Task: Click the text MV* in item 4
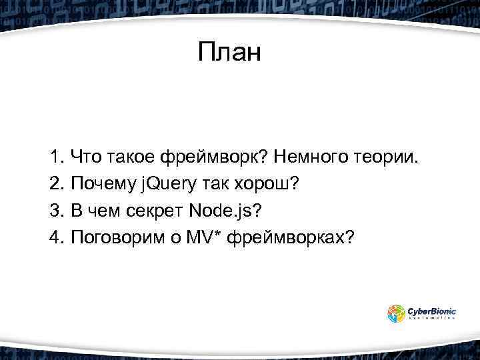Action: pyautogui.click(x=211, y=238)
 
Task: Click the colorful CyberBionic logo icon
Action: pyautogui.click(x=397, y=313)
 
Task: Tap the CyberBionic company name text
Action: pyautogui.click(x=433, y=310)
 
